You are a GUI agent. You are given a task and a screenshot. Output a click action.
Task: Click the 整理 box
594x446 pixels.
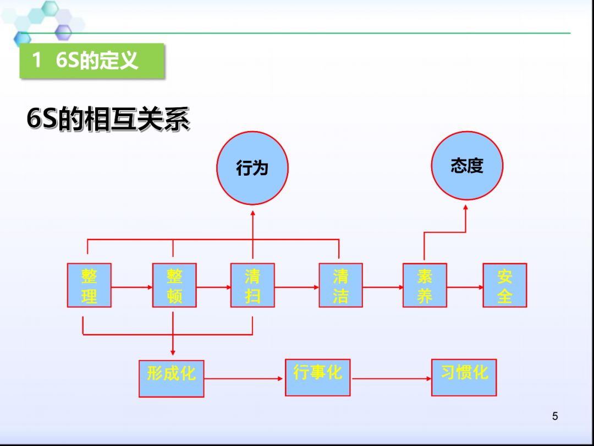[x=89, y=285]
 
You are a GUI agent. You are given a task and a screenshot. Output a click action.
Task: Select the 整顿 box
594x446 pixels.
[x=174, y=285]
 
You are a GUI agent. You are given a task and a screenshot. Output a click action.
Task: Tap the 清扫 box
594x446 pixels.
[x=252, y=285]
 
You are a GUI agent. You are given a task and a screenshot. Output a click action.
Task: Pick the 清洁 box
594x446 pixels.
[x=340, y=285]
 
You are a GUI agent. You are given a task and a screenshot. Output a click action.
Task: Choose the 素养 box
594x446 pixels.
[x=425, y=285]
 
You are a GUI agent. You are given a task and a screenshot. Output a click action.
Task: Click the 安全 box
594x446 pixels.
[x=505, y=285]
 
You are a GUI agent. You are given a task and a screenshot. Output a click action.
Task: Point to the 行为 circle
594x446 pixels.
[x=252, y=168]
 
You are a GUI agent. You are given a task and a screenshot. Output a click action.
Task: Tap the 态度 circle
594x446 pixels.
[x=467, y=166]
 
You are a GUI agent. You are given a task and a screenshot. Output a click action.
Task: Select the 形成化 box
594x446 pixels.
[x=171, y=378]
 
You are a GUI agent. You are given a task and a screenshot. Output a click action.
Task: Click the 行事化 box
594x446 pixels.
[x=317, y=377]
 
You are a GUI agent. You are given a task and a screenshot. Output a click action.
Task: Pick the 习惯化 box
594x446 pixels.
[x=464, y=377]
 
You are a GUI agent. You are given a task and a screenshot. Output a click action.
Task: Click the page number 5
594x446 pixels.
[x=555, y=416]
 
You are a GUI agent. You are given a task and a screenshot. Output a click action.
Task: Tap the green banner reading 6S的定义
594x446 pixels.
[x=92, y=61]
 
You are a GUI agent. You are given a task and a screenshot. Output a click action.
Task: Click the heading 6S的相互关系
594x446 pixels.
[x=108, y=119]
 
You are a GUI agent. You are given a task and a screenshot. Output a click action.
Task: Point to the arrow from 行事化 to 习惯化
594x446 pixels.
[x=391, y=378]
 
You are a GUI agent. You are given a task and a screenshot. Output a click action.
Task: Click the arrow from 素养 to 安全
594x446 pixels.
[x=465, y=287]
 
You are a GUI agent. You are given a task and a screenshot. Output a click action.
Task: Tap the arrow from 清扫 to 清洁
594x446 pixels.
[x=296, y=287]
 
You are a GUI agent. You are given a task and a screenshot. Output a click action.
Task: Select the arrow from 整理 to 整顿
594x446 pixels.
[x=132, y=287]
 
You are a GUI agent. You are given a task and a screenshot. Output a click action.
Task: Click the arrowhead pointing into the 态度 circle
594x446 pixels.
[x=466, y=208]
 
